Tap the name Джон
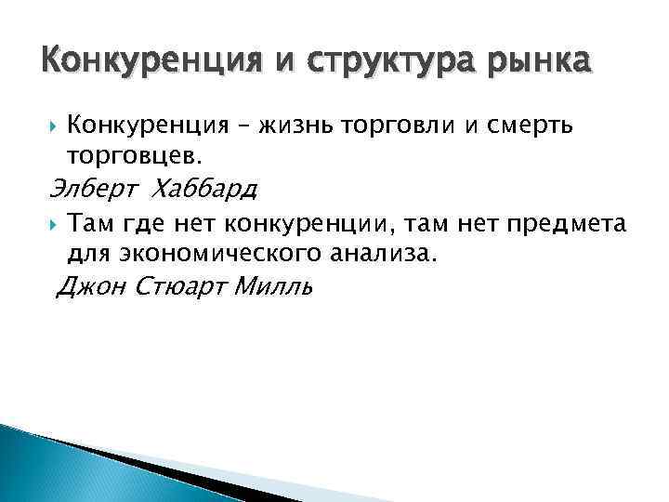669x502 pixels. tap(94, 287)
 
